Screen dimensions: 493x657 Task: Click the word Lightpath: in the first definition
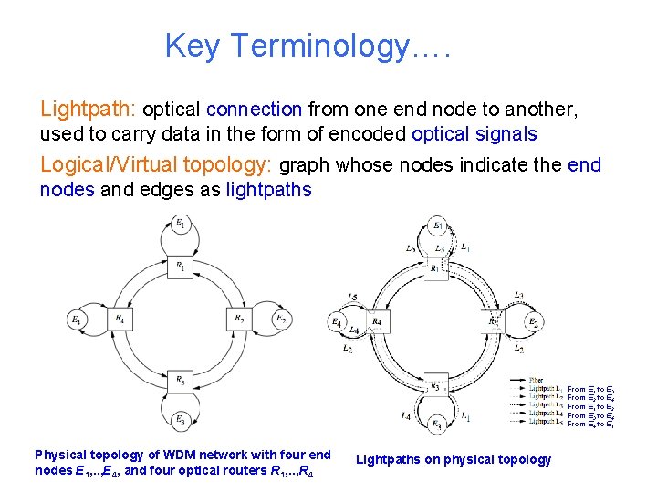pos(88,110)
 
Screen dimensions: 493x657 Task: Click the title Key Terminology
pos(308,45)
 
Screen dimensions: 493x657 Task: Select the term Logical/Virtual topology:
pos(156,165)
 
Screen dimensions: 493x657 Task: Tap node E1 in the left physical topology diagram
pos(181,224)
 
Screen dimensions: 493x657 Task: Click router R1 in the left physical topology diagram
pos(181,266)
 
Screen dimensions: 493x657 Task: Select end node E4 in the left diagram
pos(76,320)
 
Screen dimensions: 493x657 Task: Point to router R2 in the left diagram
pos(238,320)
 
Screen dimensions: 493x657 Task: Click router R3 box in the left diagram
pos(181,380)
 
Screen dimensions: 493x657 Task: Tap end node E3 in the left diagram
pos(181,419)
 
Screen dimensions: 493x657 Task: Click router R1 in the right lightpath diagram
pos(435,267)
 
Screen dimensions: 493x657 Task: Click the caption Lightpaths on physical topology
pos(454,459)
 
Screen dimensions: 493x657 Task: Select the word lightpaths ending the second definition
pos(268,190)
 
